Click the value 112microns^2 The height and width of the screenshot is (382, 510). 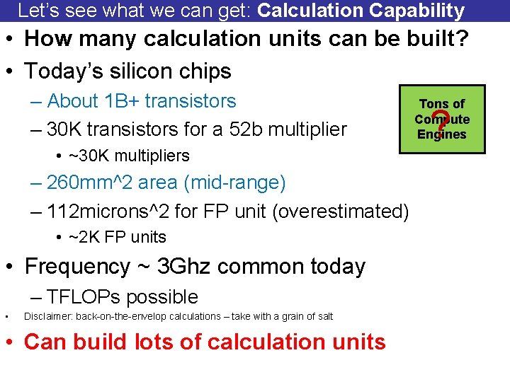tap(124, 211)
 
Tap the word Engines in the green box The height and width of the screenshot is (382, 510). tap(442, 134)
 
